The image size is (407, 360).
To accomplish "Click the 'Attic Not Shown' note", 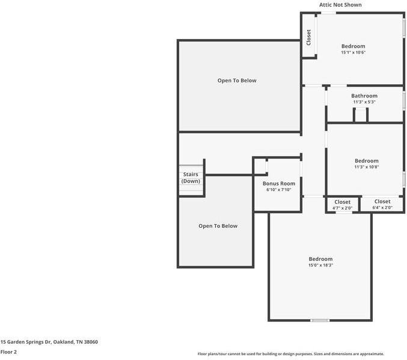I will point(340,5).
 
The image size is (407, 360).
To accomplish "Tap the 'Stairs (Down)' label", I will point(191,178).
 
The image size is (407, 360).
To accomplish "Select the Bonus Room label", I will point(279,183).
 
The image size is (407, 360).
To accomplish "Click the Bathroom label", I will point(364,96).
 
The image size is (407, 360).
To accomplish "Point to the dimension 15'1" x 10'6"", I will point(353,52).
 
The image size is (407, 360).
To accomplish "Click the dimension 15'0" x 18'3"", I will point(320,265).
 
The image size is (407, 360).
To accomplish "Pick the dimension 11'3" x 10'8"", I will point(366,167).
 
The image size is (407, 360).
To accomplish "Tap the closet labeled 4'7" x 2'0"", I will point(342,208).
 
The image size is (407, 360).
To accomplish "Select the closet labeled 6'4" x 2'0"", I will point(382,208).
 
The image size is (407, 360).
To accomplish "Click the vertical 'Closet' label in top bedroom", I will point(308,37).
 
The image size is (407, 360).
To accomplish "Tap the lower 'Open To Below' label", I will point(218,226).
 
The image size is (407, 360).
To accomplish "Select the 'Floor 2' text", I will point(8,352).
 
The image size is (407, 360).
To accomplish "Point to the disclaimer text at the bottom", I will point(291,354).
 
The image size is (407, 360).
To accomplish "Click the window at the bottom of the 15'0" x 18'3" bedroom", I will point(320,320).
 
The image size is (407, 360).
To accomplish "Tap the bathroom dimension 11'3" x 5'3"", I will point(364,102).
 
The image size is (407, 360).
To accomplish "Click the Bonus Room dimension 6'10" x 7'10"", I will point(279,190).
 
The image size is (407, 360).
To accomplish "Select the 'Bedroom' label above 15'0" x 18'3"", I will point(320,259).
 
